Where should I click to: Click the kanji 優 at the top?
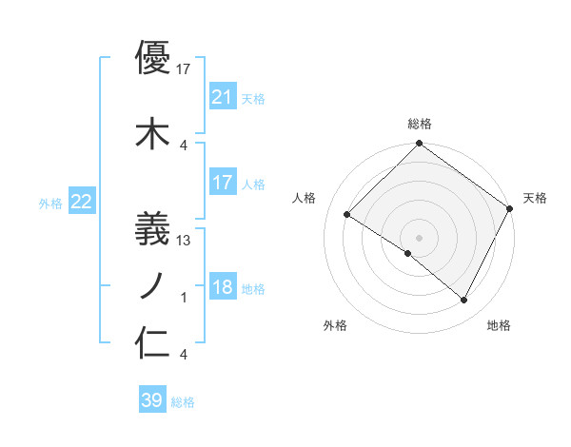pyautogui.click(x=152, y=59)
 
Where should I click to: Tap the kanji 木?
pyautogui.click(x=152, y=133)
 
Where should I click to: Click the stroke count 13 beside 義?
pyautogui.click(x=184, y=241)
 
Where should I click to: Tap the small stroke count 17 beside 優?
pyautogui.click(x=184, y=69)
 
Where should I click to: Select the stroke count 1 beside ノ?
pyautogui.click(x=184, y=298)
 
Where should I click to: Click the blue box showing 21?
pyautogui.click(x=222, y=97)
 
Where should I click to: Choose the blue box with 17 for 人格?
pyautogui.click(x=222, y=183)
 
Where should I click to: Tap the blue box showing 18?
pyautogui.click(x=222, y=288)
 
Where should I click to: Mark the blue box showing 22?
pyautogui.click(x=82, y=202)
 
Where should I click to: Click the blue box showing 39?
pyautogui.click(x=152, y=400)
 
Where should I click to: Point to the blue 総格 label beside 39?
pyautogui.click(x=184, y=402)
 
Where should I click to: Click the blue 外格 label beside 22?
pyautogui.click(x=50, y=203)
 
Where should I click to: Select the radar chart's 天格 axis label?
pyautogui.click(x=535, y=198)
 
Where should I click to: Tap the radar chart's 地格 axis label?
pyautogui.click(x=499, y=325)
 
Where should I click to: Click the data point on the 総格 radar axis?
pyautogui.click(x=419, y=145)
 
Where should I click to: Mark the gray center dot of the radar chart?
pyautogui.click(x=419, y=236)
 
